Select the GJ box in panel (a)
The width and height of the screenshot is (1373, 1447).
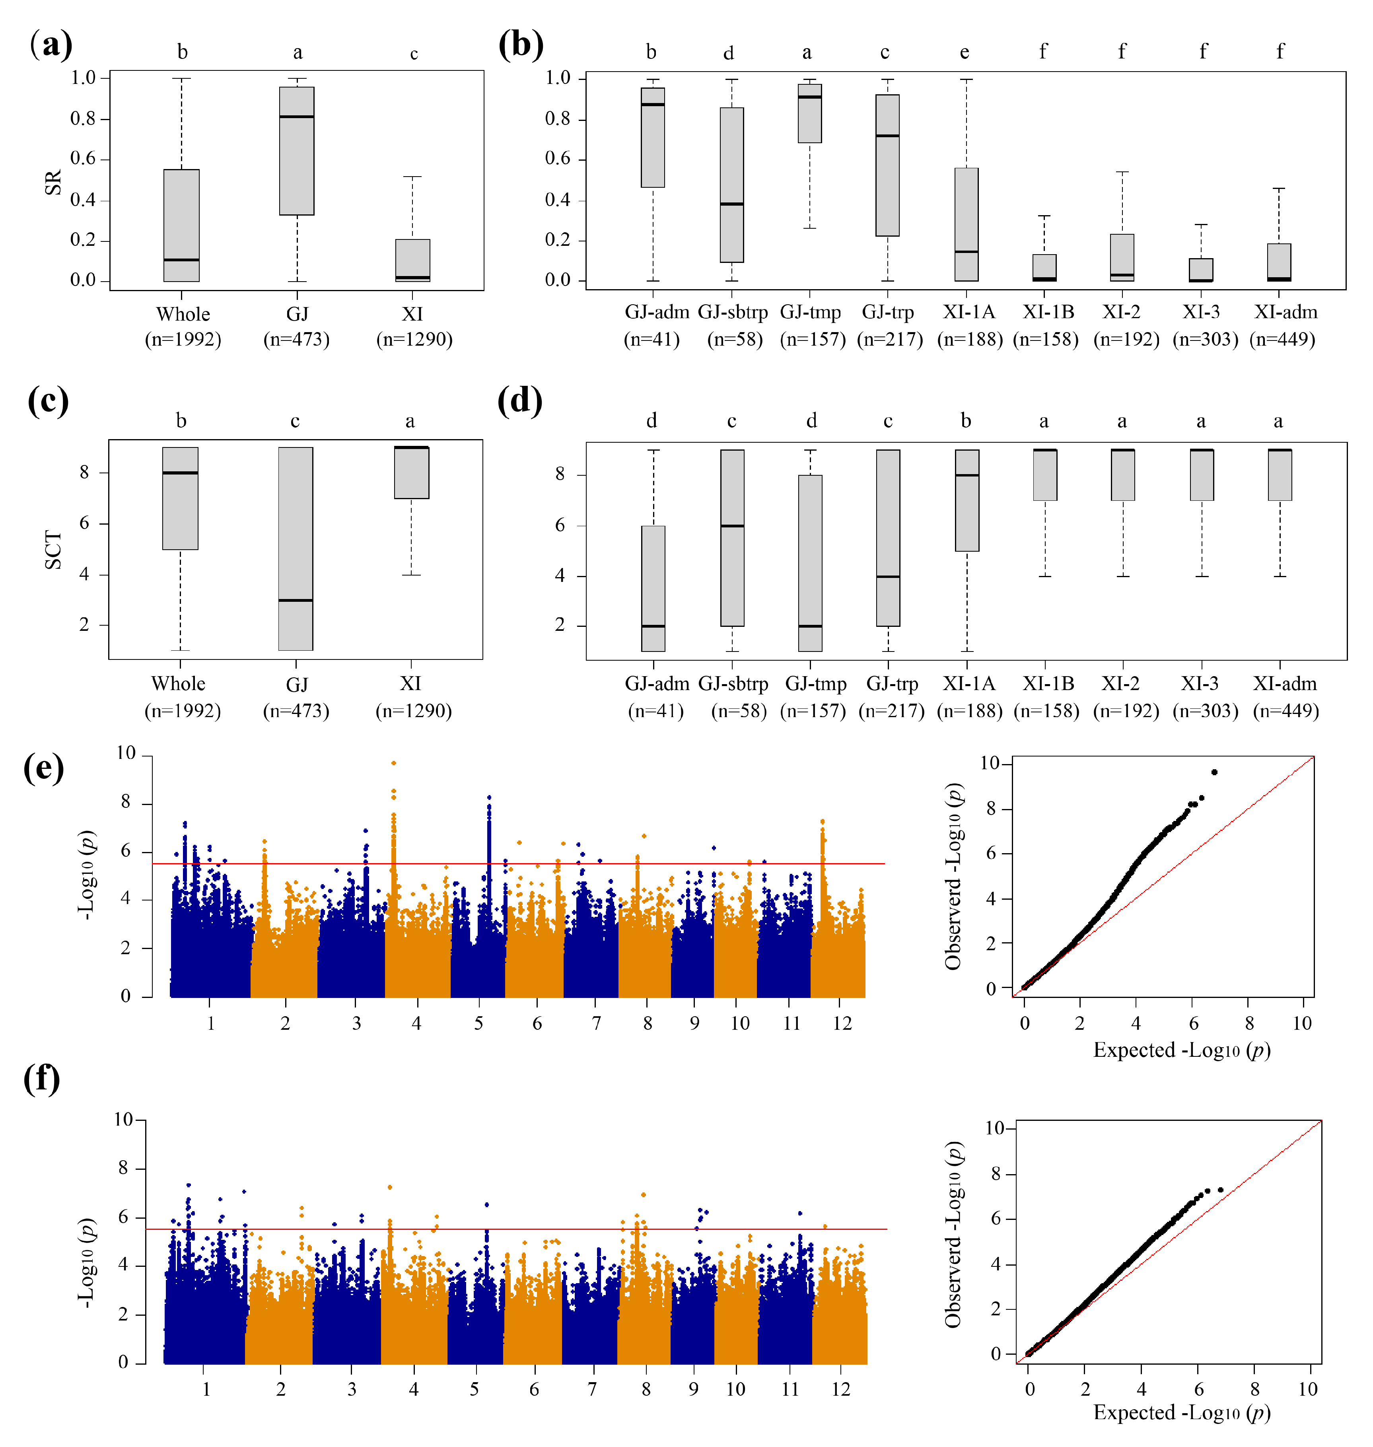[x=296, y=151]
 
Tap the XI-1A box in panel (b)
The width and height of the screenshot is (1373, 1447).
[x=966, y=224]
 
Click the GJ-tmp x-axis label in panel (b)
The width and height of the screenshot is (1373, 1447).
[x=810, y=313]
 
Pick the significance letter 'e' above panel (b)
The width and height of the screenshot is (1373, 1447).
[x=965, y=53]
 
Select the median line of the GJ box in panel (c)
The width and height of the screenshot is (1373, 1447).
[x=296, y=600]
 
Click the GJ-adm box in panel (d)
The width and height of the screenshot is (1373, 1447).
[x=653, y=588]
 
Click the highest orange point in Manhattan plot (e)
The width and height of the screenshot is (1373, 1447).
[x=394, y=762]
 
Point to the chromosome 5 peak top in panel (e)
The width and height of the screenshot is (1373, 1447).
[x=489, y=797]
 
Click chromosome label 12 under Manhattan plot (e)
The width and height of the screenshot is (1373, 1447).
[x=842, y=1023]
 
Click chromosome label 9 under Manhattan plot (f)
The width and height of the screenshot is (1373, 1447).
[x=693, y=1389]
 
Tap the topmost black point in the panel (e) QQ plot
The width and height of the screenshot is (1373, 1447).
[x=1214, y=772]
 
